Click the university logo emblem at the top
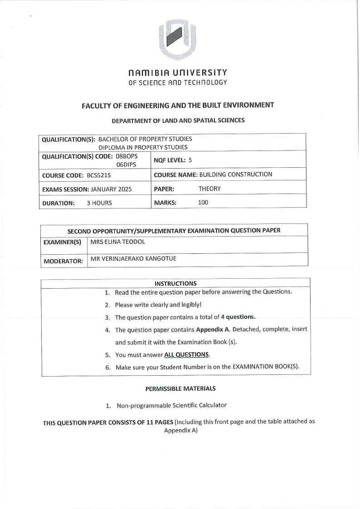pyautogui.click(x=177, y=40)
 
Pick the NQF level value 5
pyautogui.click(x=190, y=160)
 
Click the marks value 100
pyautogui.click(x=203, y=203)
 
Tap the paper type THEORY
pyautogui.click(x=209, y=189)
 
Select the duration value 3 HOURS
pyautogui.click(x=99, y=203)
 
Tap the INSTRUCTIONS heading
pyautogui.click(x=175, y=284)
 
